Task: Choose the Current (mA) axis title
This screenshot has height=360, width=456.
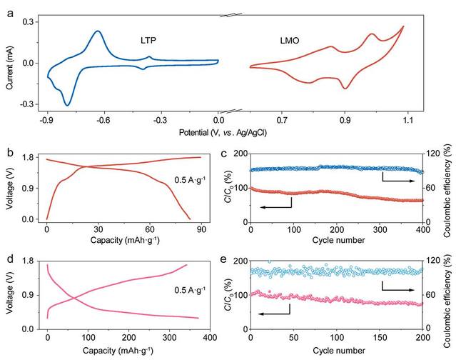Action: [x=10, y=63]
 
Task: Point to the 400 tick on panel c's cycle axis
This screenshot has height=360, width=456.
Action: [x=422, y=230]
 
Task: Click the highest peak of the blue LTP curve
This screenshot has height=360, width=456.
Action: [x=97, y=31]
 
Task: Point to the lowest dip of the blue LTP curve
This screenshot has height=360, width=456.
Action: [x=68, y=105]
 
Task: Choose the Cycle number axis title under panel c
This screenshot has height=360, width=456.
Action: [x=337, y=241]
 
